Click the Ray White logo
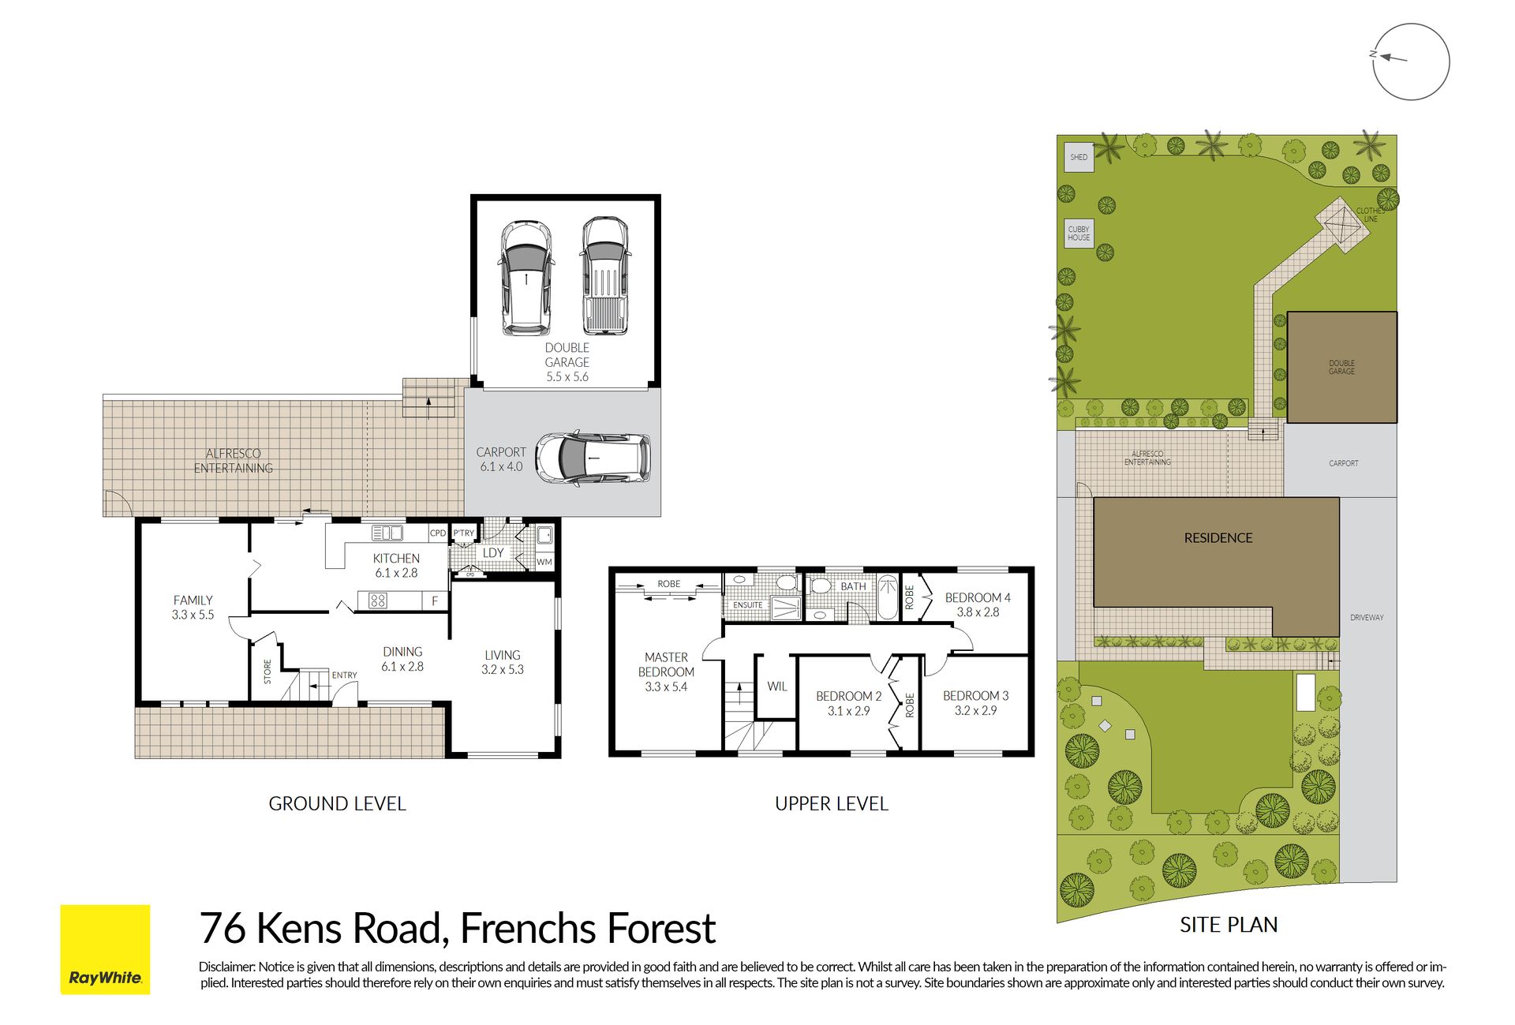tap(105, 949)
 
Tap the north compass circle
tap(1412, 24)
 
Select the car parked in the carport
tap(593, 458)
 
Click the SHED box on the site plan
tap(1079, 157)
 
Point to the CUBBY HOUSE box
tap(1079, 234)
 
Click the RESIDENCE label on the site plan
tap(1218, 538)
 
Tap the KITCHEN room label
tap(396, 559)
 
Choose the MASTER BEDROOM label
tap(666, 664)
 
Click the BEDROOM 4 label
tap(978, 598)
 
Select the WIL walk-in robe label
tap(777, 686)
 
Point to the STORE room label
tap(267, 671)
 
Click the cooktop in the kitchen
tap(378, 601)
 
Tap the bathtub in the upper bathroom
tap(888, 597)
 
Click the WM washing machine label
tap(544, 562)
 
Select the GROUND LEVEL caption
tap(337, 804)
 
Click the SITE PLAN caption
tap(1229, 925)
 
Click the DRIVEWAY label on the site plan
tap(1367, 618)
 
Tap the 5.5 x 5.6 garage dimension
tap(567, 377)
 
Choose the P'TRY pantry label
tap(464, 533)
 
